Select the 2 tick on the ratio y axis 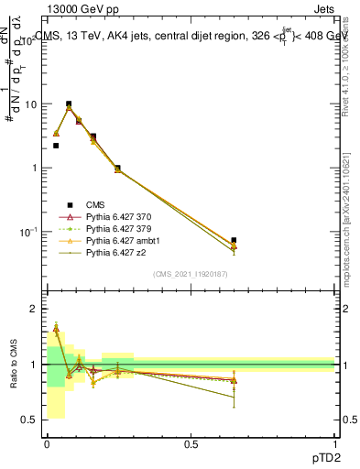[x=33, y=310]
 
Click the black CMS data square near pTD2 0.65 [x=235, y=240]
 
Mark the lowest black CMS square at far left [x=56, y=146]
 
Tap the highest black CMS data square [x=69, y=104]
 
